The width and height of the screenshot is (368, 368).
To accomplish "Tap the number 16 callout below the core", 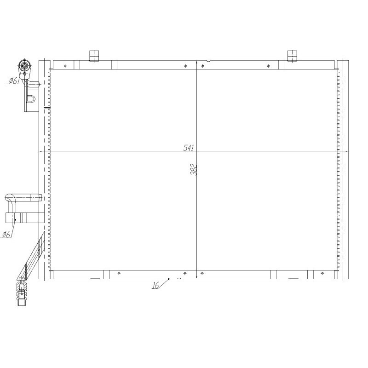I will [155, 285].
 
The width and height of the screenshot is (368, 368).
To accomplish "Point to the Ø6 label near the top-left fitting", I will [12, 81].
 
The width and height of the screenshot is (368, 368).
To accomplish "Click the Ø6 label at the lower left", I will [6, 234].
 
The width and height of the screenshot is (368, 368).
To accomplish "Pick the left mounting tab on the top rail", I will [94, 56].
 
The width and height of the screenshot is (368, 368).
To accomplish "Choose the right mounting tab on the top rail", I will [292, 56].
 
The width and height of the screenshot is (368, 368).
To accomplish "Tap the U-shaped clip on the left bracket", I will [32, 98].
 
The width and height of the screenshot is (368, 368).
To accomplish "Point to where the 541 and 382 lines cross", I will [197, 151].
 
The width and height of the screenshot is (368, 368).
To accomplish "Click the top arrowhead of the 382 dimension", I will [197, 63].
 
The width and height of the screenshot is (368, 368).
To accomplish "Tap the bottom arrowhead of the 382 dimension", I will [197, 277].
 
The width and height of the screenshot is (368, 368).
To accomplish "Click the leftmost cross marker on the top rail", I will [66, 66].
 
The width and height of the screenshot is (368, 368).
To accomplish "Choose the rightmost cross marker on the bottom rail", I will [321, 274].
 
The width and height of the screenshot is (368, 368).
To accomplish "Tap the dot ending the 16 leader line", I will [169, 278].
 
